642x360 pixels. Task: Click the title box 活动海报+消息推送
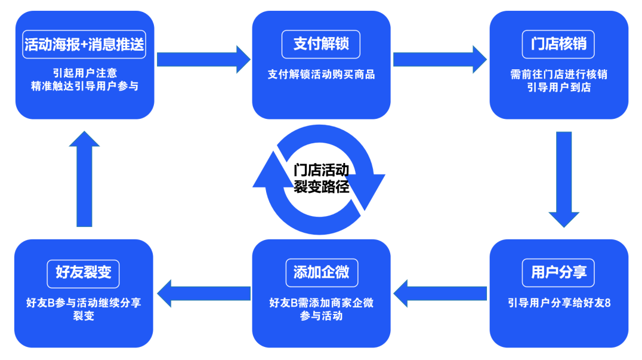84,44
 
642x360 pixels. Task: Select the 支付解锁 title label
321,44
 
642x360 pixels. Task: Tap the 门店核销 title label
558,44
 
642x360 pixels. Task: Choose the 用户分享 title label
558,273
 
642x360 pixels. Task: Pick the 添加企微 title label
321,273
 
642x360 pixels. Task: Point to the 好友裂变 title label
84,273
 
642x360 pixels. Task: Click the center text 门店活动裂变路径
321,179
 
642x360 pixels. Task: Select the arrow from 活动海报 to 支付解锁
203,59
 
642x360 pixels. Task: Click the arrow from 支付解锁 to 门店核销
440,59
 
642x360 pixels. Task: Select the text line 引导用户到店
558,88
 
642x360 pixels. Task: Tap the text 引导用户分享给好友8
558,303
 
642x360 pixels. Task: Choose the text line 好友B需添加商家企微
321,303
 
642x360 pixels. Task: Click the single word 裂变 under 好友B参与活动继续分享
84,316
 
